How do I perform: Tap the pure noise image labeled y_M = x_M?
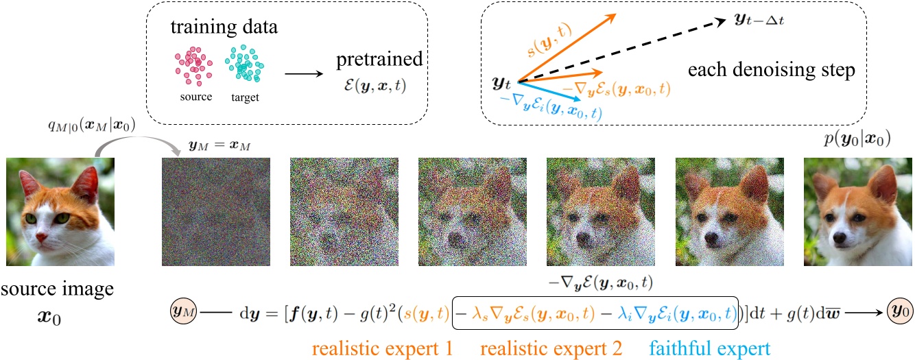click(x=215, y=212)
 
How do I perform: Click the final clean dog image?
click(x=857, y=212)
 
